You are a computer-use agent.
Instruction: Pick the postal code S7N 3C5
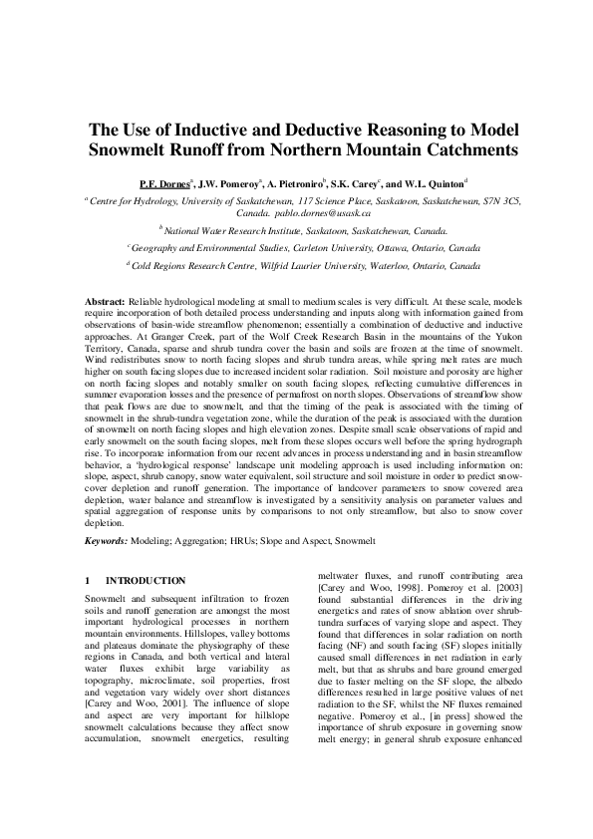494,199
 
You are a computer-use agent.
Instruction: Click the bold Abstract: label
105,300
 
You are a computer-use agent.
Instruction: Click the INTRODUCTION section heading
130,580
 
